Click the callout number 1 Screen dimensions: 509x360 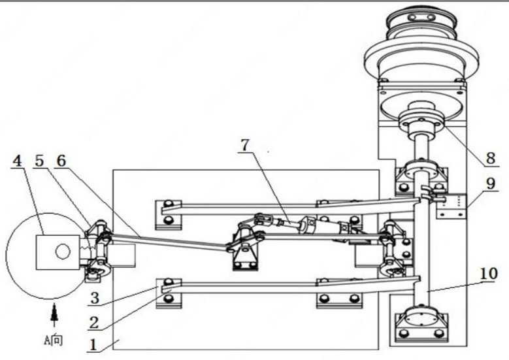pyautogui.click(x=93, y=344)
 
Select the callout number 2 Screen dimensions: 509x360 pyautogui.click(x=94, y=323)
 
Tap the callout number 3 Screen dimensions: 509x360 pyautogui.click(x=95, y=298)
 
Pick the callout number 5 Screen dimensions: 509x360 pyautogui.click(x=40, y=161)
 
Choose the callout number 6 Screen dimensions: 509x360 pyautogui.click(x=61, y=161)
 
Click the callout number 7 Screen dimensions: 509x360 pyautogui.click(x=245, y=145)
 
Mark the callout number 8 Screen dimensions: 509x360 pyautogui.click(x=491, y=158)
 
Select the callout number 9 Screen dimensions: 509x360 pyautogui.click(x=491, y=184)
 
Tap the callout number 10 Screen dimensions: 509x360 pyautogui.click(x=488, y=273)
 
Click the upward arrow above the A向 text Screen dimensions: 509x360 pyautogui.click(x=54, y=314)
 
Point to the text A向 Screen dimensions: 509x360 pyautogui.click(x=53, y=340)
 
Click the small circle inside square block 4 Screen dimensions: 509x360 pyautogui.click(x=63, y=252)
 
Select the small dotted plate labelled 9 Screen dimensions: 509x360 pyautogui.click(x=452, y=206)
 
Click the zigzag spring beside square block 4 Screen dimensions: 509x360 pyautogui.click(x=87, y=249)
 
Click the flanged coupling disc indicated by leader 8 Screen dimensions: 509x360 pyautogui.click(x=421, y=121)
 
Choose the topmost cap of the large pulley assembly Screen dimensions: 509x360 pyautogui.click(x=421, y=16)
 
